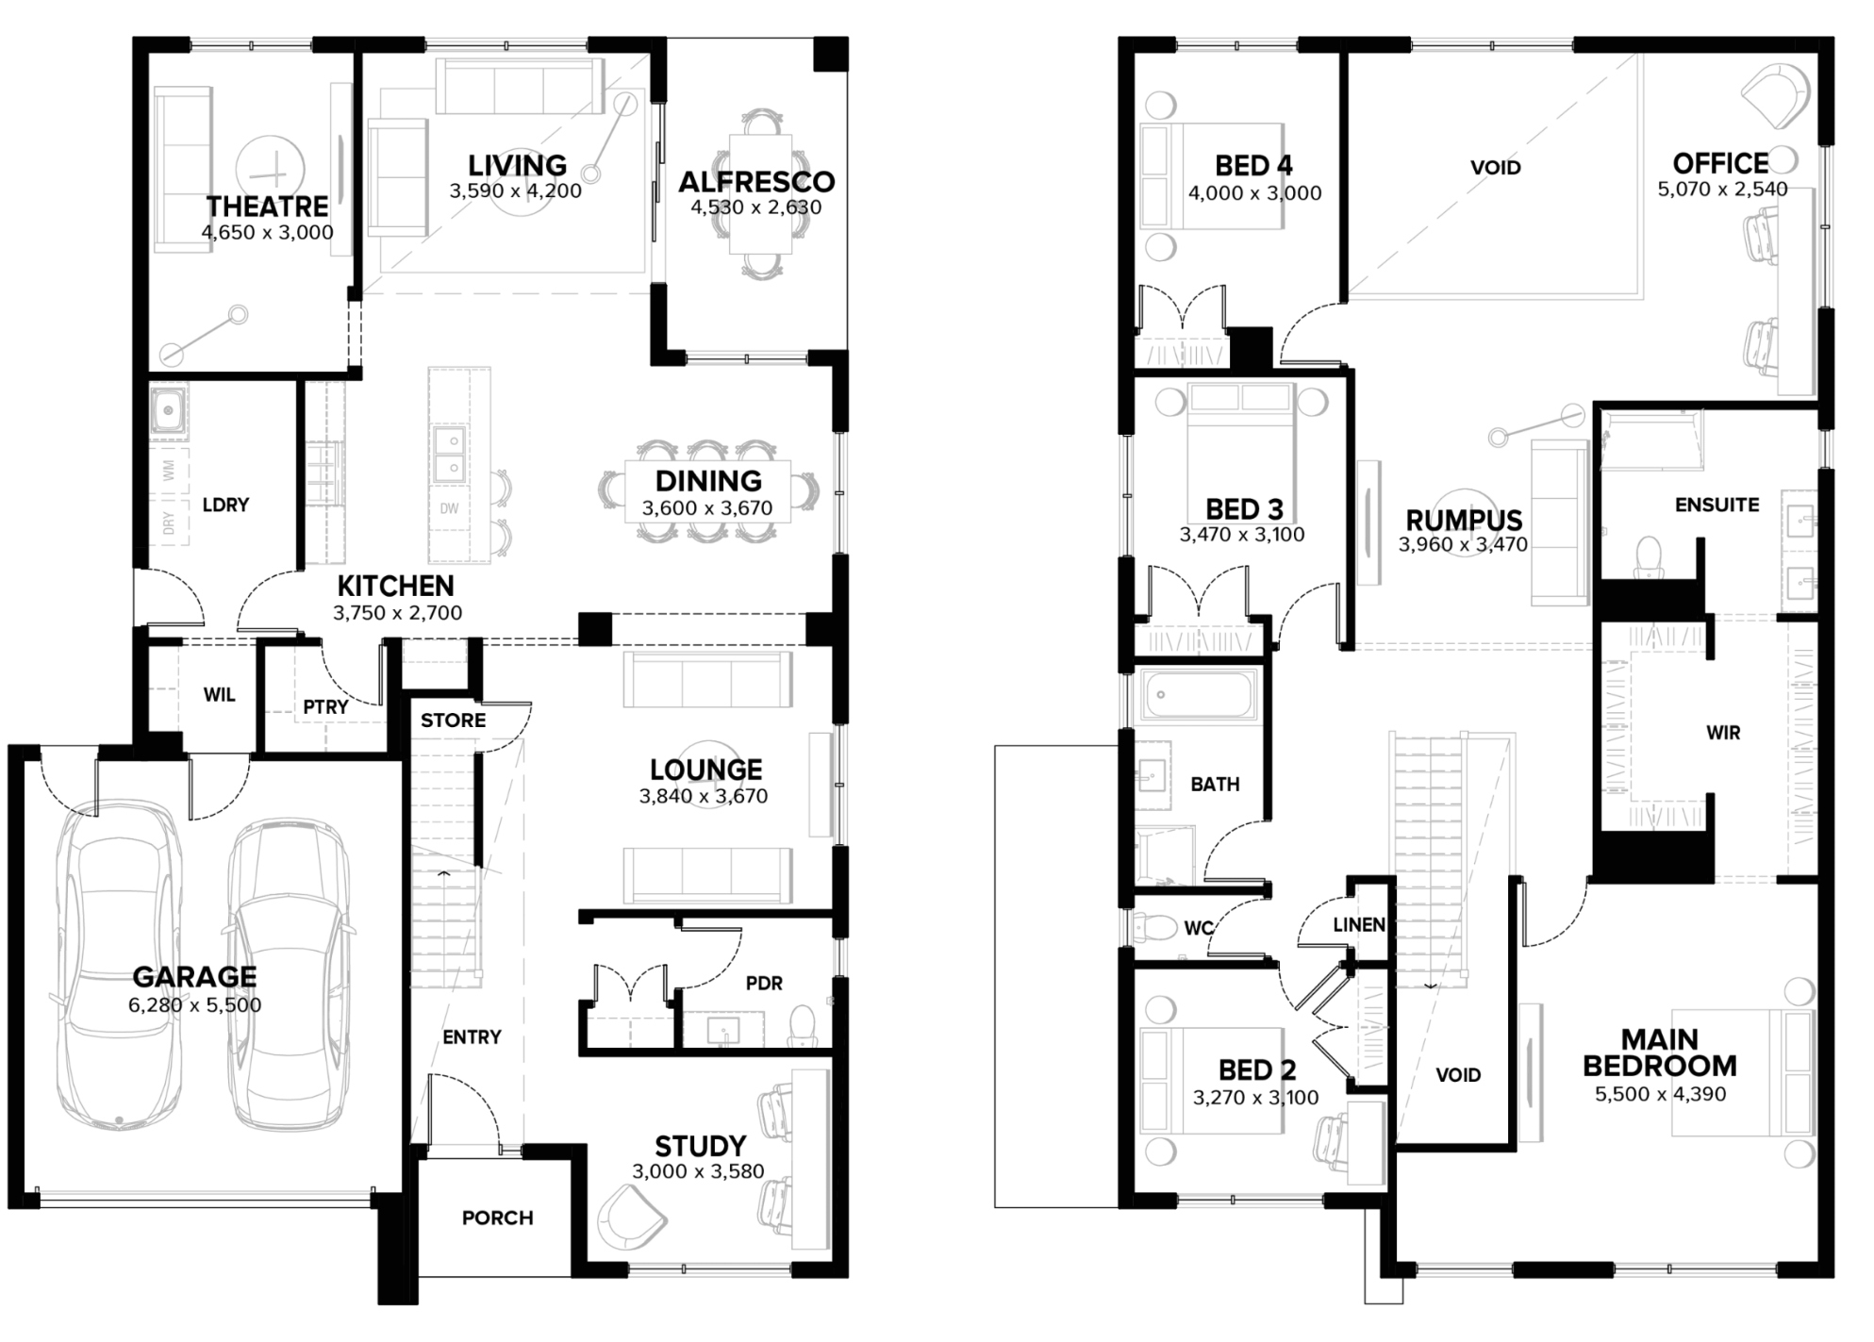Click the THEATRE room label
click(x=268, y=206)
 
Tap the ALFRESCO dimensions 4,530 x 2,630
click(x=756, y=207)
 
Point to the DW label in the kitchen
click(x=449, y=508)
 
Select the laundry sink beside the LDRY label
click(x=169, y=410)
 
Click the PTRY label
click(x=326, y=705)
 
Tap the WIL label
click(x=220, y=695)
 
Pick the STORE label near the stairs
click(x=454, y=721)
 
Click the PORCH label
click(x=498, y=1218)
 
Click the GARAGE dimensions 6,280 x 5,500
click(x=195, y=1005)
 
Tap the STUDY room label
click(x=701, y=1146)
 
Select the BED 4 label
click(x=1254, y=166)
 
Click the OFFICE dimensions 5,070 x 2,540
click(x=1723, y=189)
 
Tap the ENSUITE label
click(x=1717, y=505)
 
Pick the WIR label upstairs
click(x=1723, y=733)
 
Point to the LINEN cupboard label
click(x=1359, y=925)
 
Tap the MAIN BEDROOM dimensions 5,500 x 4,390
click(x=1661, y=1095)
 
